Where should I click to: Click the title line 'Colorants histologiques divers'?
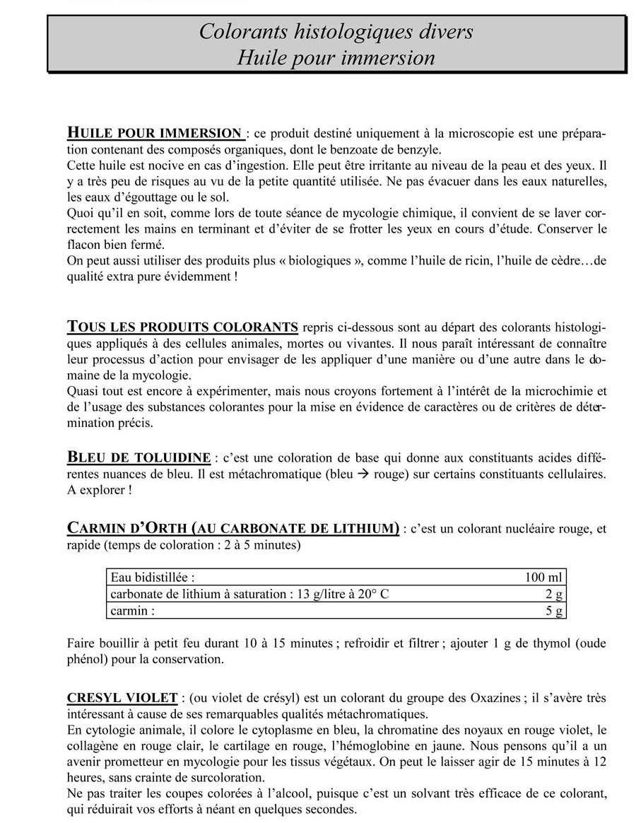[x=336, y=31]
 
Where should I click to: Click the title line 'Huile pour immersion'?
[x=336, y=57]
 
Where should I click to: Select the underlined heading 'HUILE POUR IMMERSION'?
[x=155, y=133]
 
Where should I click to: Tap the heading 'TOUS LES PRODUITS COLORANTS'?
[x=182, y=327]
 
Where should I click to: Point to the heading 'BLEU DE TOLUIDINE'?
[x=139, y=457]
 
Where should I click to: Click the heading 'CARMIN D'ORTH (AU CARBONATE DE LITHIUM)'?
[x=232, y=528]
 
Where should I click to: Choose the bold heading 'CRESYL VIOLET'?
[x=122, y=698]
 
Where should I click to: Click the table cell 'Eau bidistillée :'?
[x=153, y=577]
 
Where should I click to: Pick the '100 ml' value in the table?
[x=543, y=577]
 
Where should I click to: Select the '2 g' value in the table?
[x=555, y=594]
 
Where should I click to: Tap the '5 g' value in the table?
[x=555, y=611]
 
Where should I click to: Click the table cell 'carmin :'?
[x=133, y=611]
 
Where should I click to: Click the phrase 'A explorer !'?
[x=99, y=490]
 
